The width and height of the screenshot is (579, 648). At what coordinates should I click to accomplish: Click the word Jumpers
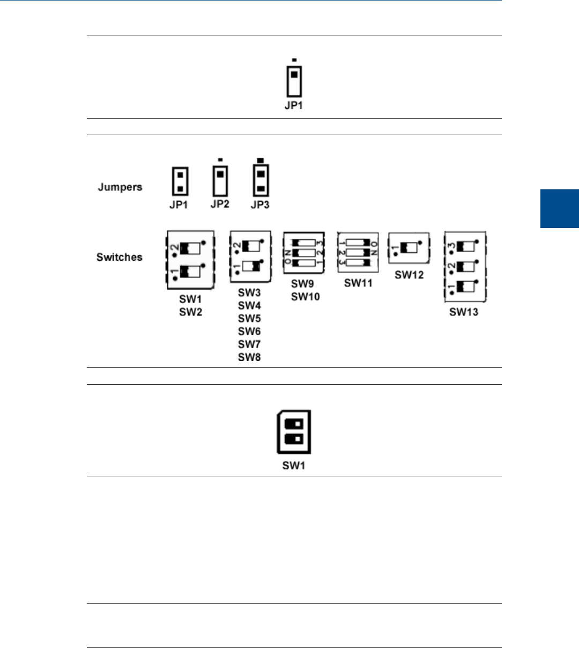tap(120, 187)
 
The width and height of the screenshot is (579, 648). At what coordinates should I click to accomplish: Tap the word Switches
tap(120, 257)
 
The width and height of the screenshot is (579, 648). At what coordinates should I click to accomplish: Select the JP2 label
tap(220, 204)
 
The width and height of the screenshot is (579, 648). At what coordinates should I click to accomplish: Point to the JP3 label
tap(260, 205)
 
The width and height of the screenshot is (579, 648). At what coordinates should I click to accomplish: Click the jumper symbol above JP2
tap(220, 181)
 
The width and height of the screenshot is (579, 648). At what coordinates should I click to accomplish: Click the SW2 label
tap(190, 312)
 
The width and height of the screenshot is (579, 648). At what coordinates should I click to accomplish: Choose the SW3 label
tap(249, 293)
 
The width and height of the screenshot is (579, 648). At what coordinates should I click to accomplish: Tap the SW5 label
tap(249, 319)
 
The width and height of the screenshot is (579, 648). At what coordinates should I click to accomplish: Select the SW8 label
tap(249, 357)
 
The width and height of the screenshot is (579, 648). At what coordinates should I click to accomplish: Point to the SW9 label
tap(302, 284)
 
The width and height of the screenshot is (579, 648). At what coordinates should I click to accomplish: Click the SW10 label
tap(305, 297)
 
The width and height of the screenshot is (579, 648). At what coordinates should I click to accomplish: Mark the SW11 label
tap(358, 283)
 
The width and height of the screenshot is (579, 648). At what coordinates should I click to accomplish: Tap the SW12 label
tap(409, 275)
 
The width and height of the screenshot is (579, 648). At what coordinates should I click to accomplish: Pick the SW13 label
tap(464, 312)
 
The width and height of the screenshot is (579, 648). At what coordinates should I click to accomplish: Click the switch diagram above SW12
tap(409, 247)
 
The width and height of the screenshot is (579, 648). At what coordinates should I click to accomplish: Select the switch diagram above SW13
tap(464, 267)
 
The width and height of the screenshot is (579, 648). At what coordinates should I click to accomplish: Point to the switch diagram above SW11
tap(358, 253)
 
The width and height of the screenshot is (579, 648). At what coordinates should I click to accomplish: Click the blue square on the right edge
tap(560, 209)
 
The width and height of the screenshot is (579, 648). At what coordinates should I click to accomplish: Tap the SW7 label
tap(249, 344)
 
